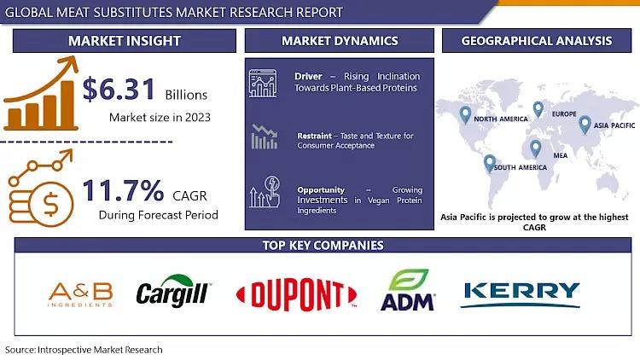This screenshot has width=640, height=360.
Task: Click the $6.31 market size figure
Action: pyautogui.click(x=119, y=89)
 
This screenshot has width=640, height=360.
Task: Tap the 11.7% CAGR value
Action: pyautogui.click(x=123, y=190)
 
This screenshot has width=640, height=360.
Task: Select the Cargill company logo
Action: pyautogui.click(x=173, y=291)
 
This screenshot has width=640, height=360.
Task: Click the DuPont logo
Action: pyautogui.click(x=297, y=294)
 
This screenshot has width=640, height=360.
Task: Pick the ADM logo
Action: pyautogui.click(x=407, y=290)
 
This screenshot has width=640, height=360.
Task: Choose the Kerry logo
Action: pyautogui.click(x=521, y=294)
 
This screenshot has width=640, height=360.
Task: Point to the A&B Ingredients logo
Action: pyautogui.click(x=80, y=294)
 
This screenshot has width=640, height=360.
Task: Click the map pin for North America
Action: pyautogui.click(x=465, y=114)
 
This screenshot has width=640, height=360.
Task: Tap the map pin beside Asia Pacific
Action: pyautogui.click(x=585, y=125)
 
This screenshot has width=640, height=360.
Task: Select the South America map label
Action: pyautogui.click(x=520, y=167)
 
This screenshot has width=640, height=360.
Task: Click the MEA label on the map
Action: pyautogui.click(x=561, y=155)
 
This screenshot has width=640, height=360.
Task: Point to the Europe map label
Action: pyautogui.click(x=564, y=113)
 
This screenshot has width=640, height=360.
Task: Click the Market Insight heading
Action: pyautogui.click(x=125, y=41)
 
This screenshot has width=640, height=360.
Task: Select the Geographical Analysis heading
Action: pyautogui.click(x=537, y=41)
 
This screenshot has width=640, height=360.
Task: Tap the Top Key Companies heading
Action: pyautogui.click(x=323, y=246)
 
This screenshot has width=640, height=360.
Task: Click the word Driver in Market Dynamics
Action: pyautogui.click(x=308, y=76)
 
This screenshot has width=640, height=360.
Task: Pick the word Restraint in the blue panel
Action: pyautogui.click(x=314, y=136)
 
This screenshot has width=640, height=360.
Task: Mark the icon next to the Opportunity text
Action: pyautogui.click(x=265, y=192)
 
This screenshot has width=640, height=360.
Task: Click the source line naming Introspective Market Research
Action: pyautogui.click(x=84, y=350)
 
